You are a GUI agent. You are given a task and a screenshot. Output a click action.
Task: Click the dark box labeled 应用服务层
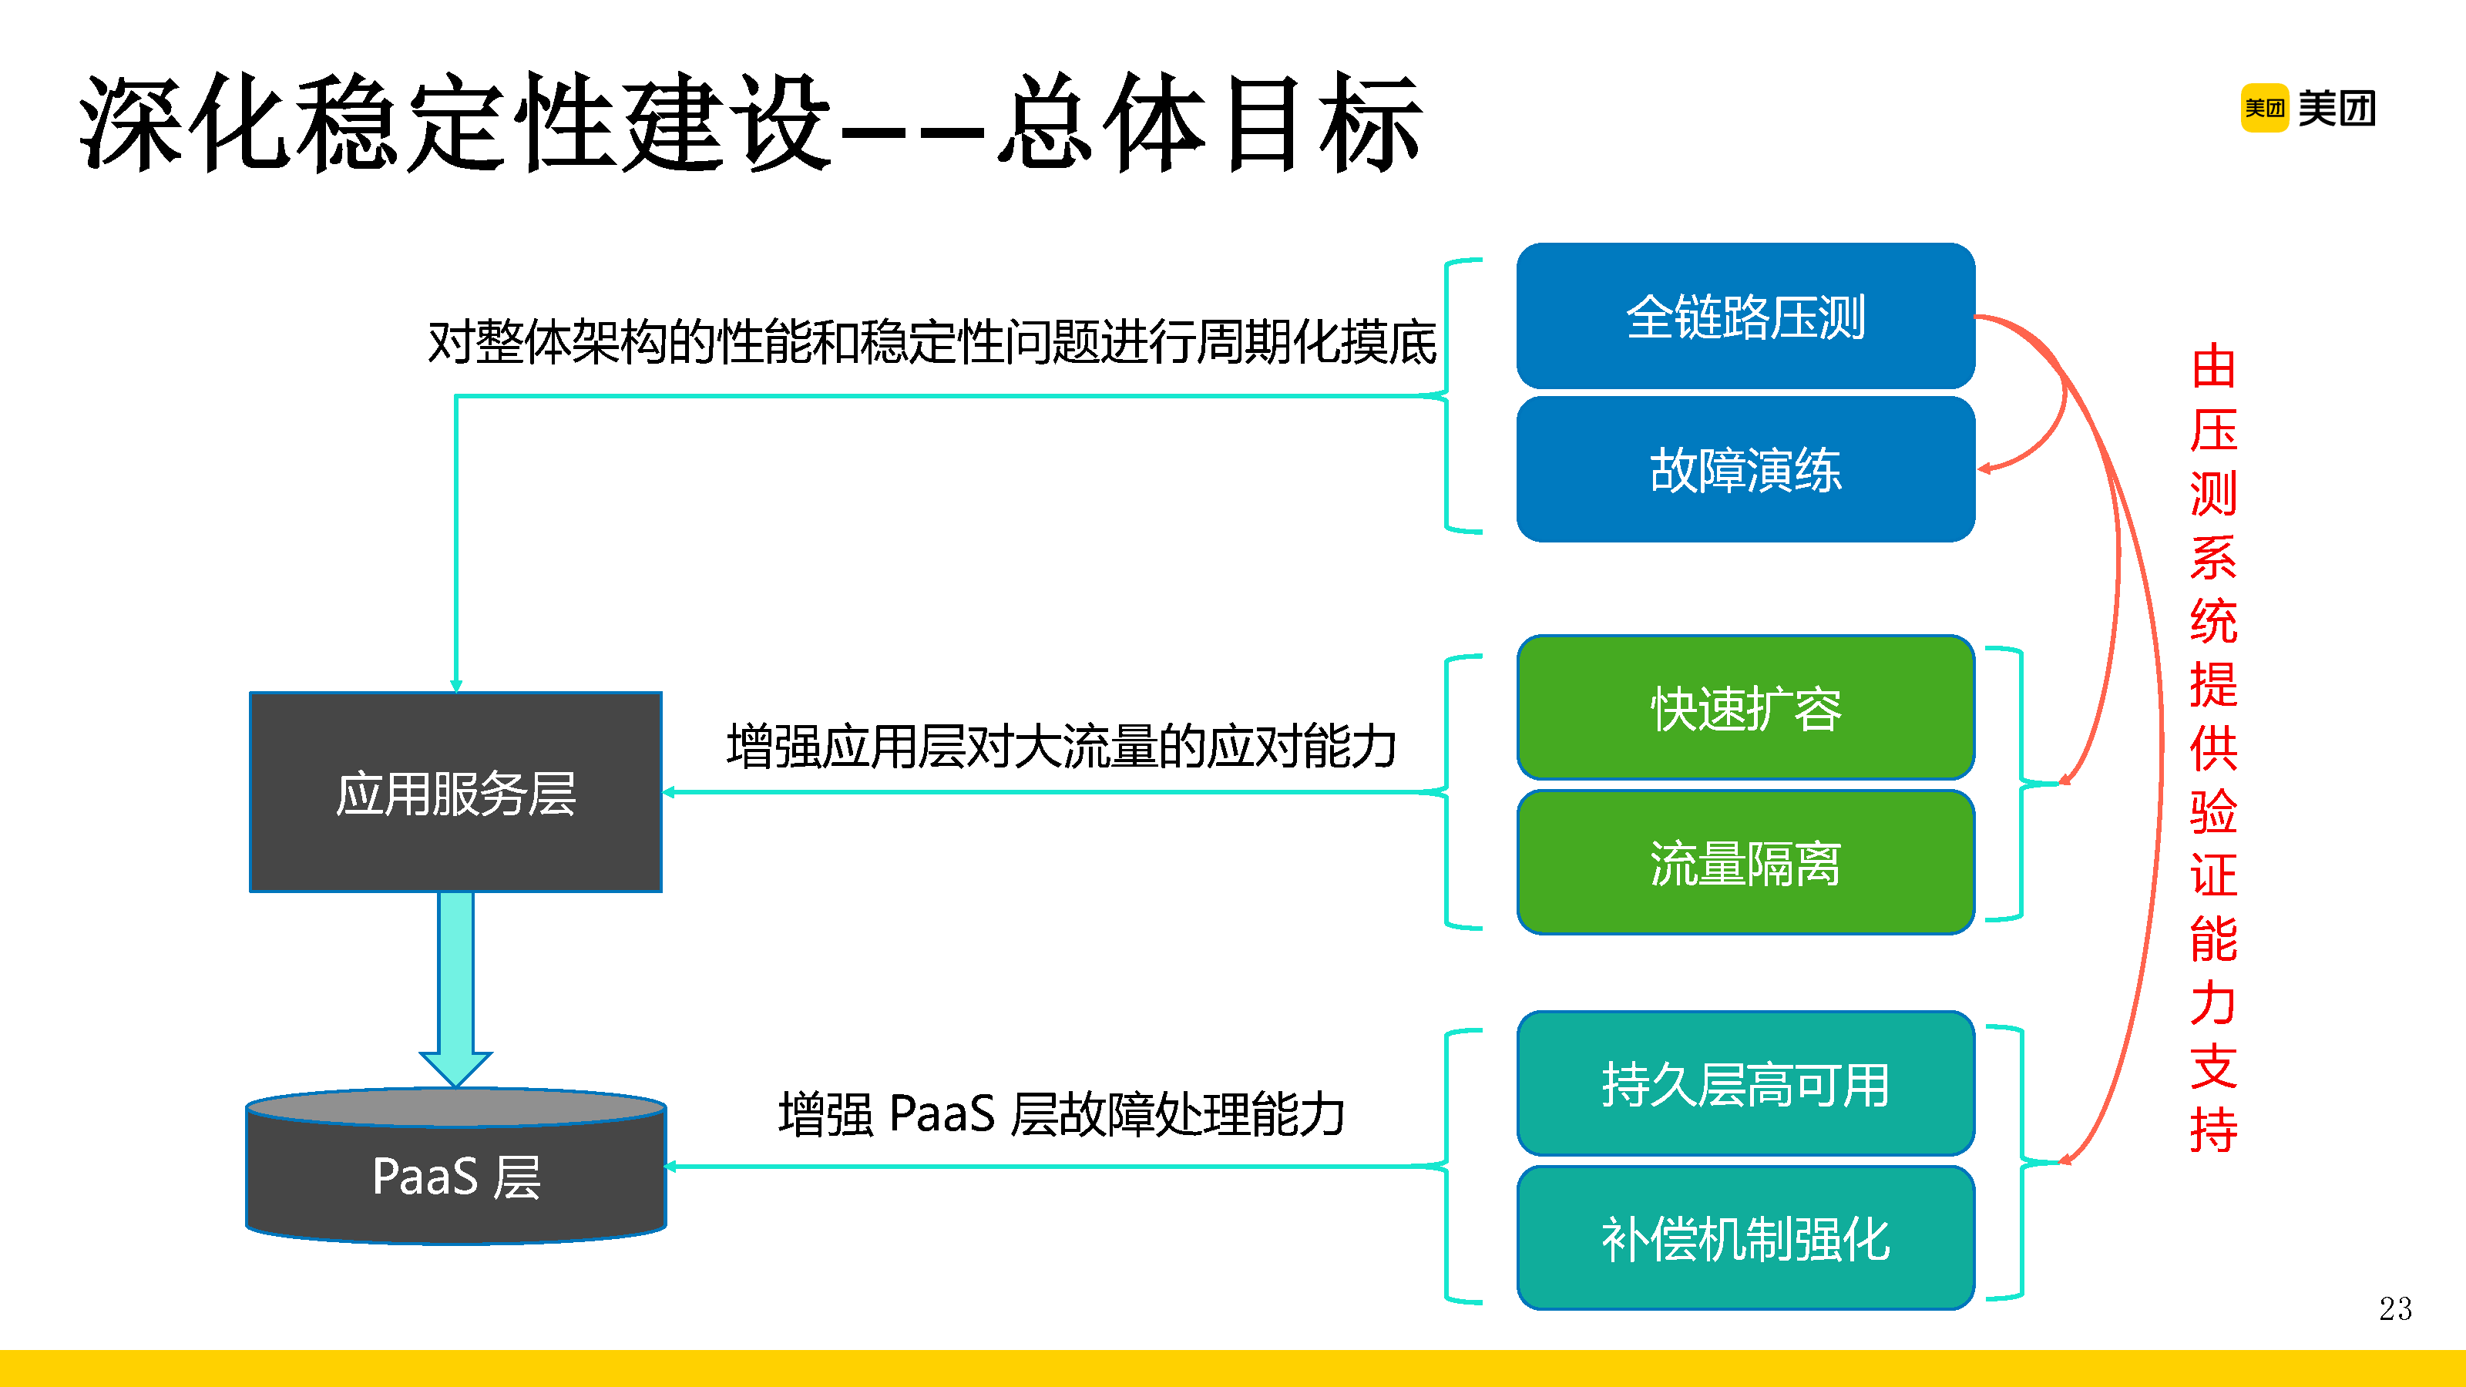pyautogui.click(x=455, y=793)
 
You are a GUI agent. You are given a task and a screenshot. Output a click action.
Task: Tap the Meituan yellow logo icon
pyautogui.click(x=2264, y=108)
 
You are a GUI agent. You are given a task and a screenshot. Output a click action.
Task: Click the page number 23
pyautogui.click(x=2394, y=1308)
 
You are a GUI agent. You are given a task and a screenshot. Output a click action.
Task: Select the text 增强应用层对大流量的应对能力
pyautogui.click(x=1060, y=747)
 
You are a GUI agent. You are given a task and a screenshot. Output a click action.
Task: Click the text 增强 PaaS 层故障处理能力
pyautogui.click(x=1060, y=1114)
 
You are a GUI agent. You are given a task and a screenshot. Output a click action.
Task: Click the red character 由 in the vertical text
pyautogui.click(x=2212, y=368)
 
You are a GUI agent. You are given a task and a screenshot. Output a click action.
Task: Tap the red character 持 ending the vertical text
pyautogui.click(x=2212, y=1130)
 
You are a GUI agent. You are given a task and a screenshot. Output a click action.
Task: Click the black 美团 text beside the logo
pyautogui.click(x=2336, y=108)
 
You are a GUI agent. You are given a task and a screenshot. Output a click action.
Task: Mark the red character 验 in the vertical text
pyautogui.click(x=2212, y=811)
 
